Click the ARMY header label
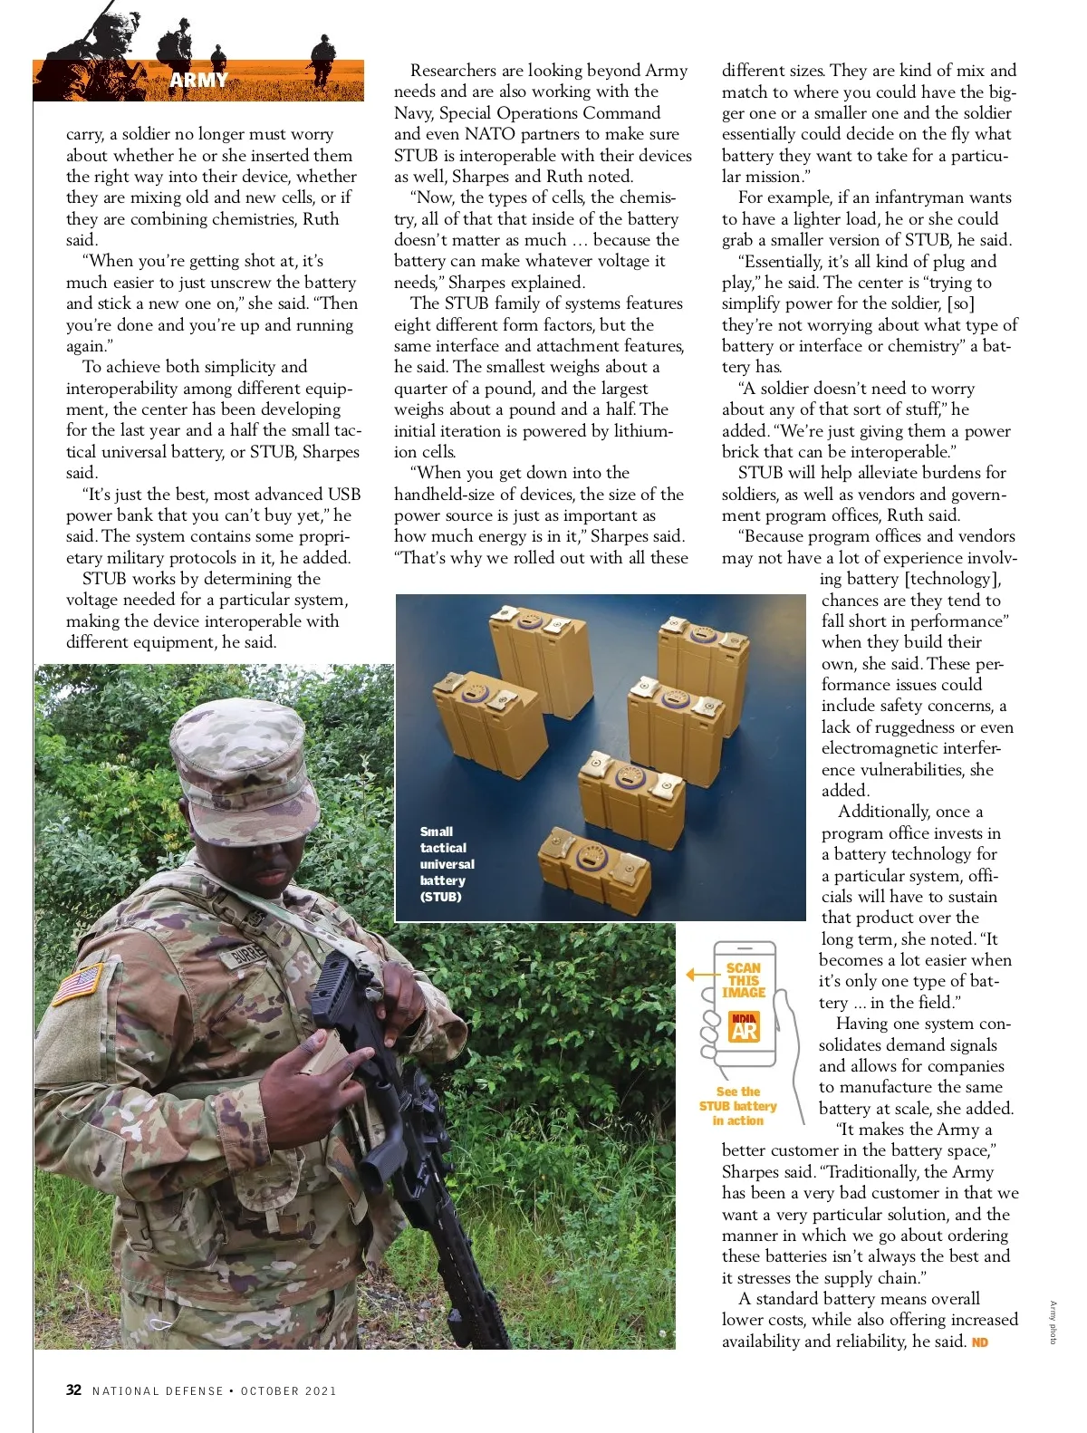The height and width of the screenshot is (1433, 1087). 198,80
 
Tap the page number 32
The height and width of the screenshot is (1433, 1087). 73,1390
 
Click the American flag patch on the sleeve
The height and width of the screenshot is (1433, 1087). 77,984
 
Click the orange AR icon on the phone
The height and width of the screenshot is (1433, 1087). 744,1028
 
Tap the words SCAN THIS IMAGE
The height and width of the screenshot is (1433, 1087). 744,980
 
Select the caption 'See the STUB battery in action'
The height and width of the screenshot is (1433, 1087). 737,1106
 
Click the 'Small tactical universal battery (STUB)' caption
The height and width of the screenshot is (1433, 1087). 446,863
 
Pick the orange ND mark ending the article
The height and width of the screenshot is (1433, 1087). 979,1342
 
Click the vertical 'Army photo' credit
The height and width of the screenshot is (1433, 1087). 1053,1322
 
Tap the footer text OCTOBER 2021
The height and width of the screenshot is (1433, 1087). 288,1390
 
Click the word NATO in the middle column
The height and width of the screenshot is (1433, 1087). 489,134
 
